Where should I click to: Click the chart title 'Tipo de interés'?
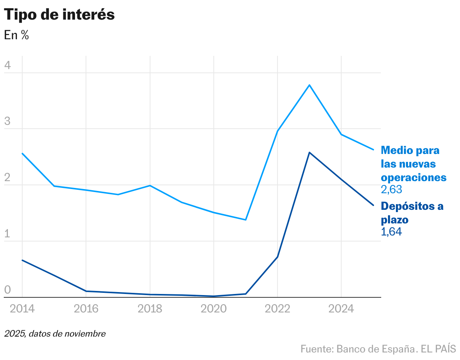point(59,15)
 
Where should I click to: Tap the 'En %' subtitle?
point(16,35)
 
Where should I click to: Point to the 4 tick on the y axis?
point(8,66)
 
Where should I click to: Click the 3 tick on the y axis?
point(8,122)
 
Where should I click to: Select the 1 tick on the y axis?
point(8,234)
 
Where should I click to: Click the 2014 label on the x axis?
point(22,309)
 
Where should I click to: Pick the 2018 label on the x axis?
point(150,309)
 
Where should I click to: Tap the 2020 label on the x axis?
point(214,309)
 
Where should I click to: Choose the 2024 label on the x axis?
point(341,309)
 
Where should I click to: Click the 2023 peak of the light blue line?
point(310,85)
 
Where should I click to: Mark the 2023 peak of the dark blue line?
point(310,152)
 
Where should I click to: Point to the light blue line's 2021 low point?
point(245,220)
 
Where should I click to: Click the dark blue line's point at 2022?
point(278,257)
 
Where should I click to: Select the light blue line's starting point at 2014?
point(22,153)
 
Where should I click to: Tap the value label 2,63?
point(391,189)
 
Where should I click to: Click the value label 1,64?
point(391,232)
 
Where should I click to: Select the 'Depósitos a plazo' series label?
point(412,212)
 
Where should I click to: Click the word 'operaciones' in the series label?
point(414,177)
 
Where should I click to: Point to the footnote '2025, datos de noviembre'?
point(55,334)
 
